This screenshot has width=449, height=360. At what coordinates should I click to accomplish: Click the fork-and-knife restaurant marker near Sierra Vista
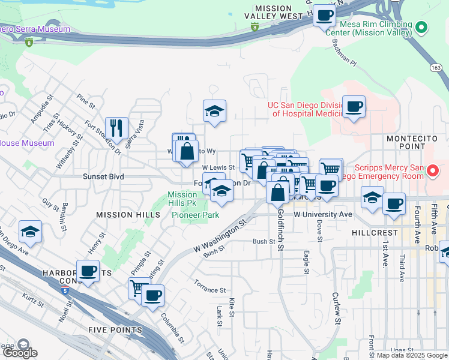(116, 127)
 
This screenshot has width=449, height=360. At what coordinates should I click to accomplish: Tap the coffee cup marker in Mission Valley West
(324, 15)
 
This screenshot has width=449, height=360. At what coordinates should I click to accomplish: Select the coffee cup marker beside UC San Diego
(354, 106)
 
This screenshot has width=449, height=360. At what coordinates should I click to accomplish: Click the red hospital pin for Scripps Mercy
(433, 172)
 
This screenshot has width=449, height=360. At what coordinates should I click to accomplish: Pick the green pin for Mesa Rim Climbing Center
(421, 27)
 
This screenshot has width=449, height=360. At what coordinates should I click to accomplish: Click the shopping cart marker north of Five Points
(139, 288)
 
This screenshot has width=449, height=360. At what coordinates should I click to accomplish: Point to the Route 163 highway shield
(436, 68)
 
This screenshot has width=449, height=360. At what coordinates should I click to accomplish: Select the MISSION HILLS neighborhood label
(120, 214)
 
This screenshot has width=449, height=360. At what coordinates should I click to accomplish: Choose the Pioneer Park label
(195, 214)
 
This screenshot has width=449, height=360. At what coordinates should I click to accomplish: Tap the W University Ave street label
(322, 214)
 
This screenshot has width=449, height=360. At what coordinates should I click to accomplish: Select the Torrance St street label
(209, 286)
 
